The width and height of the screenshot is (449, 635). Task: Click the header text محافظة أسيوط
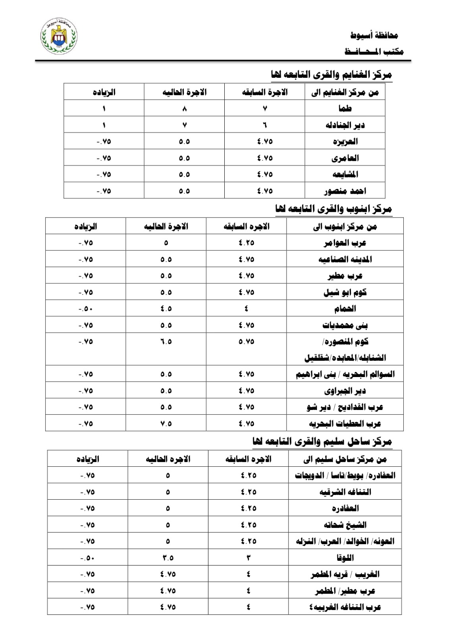pos(374,35)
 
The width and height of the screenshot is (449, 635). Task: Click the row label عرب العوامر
pos(345,243)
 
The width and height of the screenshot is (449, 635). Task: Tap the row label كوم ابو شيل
pos(345,292)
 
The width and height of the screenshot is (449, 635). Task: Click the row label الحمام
pos(345,309)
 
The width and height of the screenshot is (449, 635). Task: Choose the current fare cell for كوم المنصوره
pos(166,342)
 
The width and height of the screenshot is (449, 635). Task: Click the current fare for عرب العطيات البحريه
pos(166,423)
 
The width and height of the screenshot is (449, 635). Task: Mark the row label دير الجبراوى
pos(345,391)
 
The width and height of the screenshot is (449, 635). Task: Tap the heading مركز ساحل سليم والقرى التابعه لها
pos(322,441)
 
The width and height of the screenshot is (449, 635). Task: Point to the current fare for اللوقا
pos(168,558)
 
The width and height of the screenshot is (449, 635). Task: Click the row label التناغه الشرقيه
pos(345,492)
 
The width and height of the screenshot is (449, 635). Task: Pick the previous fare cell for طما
pos(265,108)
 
